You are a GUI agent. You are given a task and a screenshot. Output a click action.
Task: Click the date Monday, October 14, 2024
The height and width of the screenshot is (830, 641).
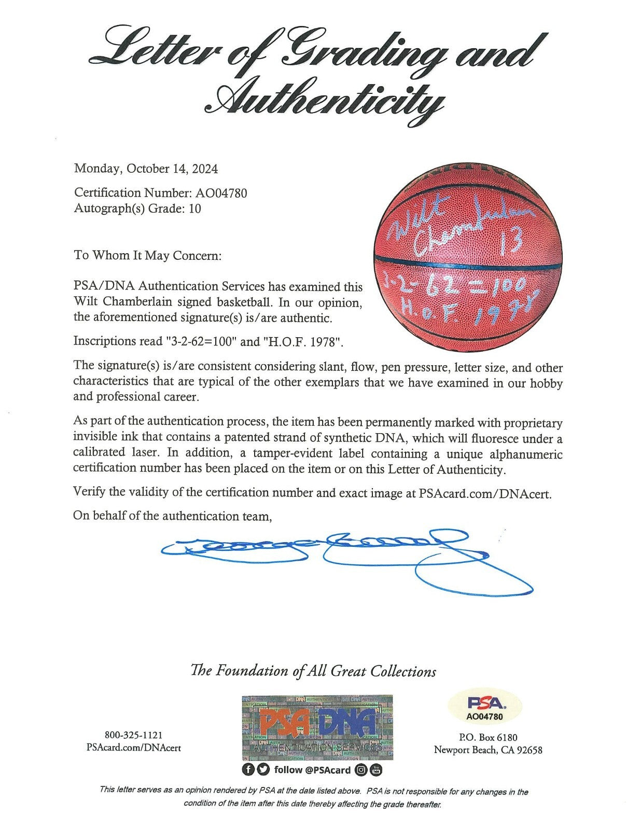146,169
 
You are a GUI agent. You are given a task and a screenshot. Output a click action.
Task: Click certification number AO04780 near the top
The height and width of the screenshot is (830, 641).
221,193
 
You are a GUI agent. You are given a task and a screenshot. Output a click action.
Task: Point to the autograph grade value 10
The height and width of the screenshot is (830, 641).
195,209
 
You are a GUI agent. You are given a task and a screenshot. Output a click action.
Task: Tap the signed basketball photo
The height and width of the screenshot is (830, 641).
468,266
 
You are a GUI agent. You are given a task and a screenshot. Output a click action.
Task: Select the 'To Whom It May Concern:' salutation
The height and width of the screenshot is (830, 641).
147,255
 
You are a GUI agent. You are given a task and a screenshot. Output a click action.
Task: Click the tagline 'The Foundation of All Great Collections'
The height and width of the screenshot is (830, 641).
313,671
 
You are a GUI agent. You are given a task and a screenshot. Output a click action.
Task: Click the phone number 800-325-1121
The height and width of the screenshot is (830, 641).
134,735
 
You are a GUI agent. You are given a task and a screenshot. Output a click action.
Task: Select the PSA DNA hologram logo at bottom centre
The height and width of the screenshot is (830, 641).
317,727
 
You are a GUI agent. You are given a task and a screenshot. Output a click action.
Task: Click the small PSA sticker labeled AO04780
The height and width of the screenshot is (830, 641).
485,709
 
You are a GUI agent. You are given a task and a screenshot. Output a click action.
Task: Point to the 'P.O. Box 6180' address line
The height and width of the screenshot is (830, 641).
487,737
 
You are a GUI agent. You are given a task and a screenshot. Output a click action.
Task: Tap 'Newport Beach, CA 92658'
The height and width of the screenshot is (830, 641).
487,750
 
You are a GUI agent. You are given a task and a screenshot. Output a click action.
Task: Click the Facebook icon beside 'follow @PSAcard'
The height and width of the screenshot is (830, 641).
249,770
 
